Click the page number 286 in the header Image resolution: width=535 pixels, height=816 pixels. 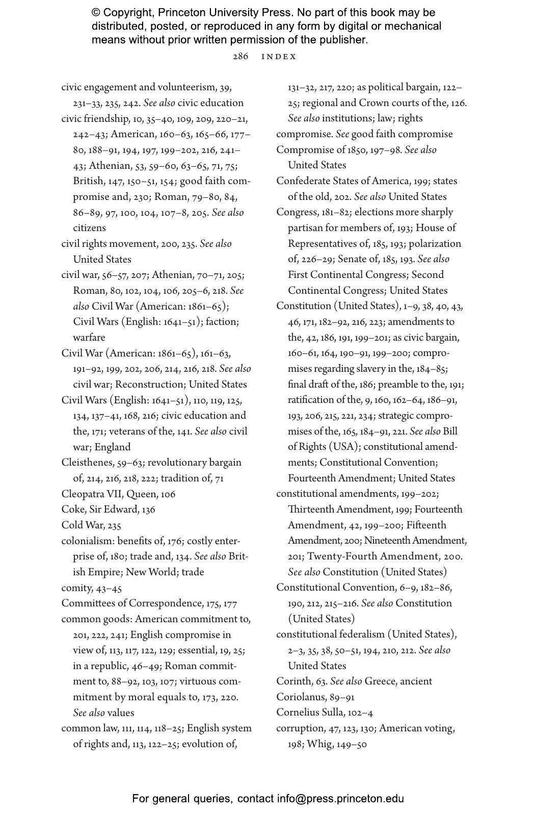coord(240,57)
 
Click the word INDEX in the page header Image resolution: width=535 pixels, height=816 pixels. coord(279,57)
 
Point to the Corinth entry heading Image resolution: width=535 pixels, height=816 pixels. coord(292,681)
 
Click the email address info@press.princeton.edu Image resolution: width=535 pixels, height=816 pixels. coord(340,799)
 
